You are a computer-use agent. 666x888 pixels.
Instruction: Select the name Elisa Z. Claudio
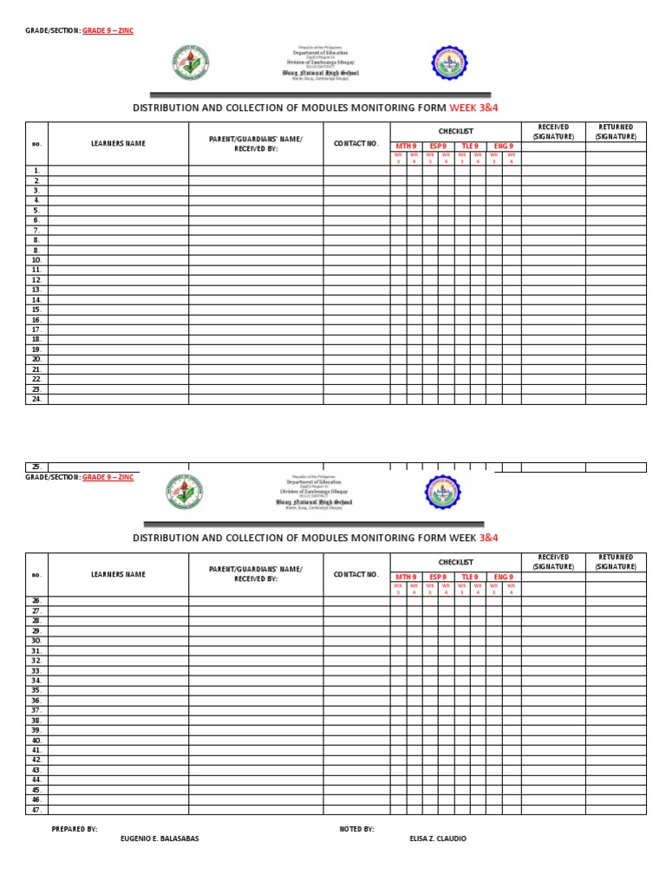coord(438,839)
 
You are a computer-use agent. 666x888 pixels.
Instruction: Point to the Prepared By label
coord(75,829)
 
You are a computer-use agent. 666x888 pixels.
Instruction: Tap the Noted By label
coord(356,829)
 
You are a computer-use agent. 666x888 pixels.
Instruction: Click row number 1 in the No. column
coord(36,171)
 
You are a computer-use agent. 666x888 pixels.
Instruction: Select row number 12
coord(36,280)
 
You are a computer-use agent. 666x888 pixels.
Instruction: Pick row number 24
coord(36,400)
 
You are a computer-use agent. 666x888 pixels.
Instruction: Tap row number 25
coord(36,467)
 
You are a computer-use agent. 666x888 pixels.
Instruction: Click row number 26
coord(36,601)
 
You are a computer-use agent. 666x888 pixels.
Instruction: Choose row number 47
coord(36,810)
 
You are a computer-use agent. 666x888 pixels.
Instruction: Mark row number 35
coord(36,690)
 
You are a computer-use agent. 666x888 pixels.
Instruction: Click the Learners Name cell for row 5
coord(118,211)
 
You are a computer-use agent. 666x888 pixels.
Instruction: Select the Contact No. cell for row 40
coord(356,741)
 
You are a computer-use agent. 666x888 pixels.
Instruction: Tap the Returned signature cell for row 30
coord(616,641)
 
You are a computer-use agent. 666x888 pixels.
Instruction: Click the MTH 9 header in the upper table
coord(406,146)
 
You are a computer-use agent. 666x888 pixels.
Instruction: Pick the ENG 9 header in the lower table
coord(504,577)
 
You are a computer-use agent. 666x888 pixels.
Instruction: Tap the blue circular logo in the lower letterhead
coord(443,493)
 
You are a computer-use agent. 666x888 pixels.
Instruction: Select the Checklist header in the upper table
coord(455,130)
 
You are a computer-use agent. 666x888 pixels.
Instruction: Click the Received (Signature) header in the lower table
coord(552,562)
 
